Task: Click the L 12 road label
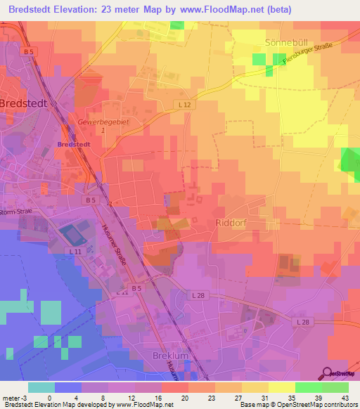coord(185,104)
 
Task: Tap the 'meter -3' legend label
coord(14,397)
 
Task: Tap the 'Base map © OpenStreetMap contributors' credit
coord(298,405)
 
